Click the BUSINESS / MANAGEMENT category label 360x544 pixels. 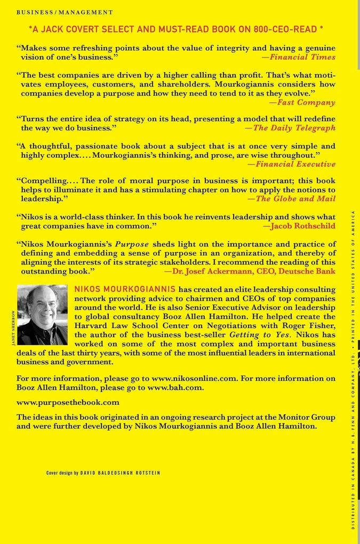65,12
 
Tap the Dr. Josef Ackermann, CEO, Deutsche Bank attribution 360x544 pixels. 250,271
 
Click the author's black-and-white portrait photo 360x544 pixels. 42,315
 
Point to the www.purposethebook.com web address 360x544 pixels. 68,402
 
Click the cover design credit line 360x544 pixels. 103,473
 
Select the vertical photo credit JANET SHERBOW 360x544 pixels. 13,327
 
